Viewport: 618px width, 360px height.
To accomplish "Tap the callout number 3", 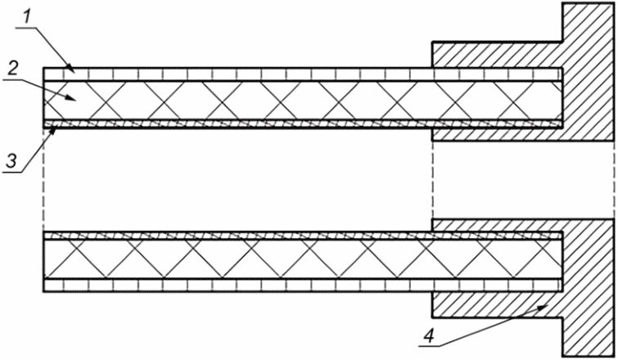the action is point(11,162).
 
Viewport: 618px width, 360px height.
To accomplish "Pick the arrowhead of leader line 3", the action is point(54,132).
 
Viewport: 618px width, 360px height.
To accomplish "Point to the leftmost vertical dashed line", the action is point(44,180).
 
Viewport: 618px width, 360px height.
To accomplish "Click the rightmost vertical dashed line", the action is point(614,180).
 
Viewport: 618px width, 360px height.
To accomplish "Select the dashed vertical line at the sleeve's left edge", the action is point(432,180).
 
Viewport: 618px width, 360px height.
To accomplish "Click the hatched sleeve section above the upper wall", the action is point(498,54).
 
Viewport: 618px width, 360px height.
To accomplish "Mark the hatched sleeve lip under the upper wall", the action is point(498,135).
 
